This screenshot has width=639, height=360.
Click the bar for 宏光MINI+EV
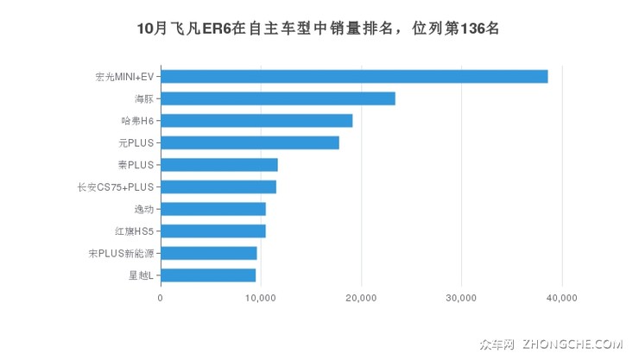coord(354,76)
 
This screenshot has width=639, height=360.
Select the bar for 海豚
coord(278,98)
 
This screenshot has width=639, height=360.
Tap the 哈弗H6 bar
coord(256,121)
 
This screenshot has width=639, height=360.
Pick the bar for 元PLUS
coord(250,142)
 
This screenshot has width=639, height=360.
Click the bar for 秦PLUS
coord(219,165)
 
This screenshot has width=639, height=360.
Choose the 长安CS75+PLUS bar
coord(218,186)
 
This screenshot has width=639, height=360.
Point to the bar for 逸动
coord(213,209)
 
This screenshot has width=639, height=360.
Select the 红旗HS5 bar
coord(213,231)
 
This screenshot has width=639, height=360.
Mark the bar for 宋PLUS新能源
coord(209,253)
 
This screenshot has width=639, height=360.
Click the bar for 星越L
coord(208,275)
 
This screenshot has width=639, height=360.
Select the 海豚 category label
coord(143,98)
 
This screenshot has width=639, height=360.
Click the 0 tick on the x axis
coord(161,298)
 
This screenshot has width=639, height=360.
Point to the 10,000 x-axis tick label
coord(261,298)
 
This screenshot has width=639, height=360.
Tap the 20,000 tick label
coord(361,298)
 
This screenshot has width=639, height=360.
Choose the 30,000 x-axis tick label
coord(461,298)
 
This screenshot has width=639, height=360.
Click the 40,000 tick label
coord(562,298)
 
